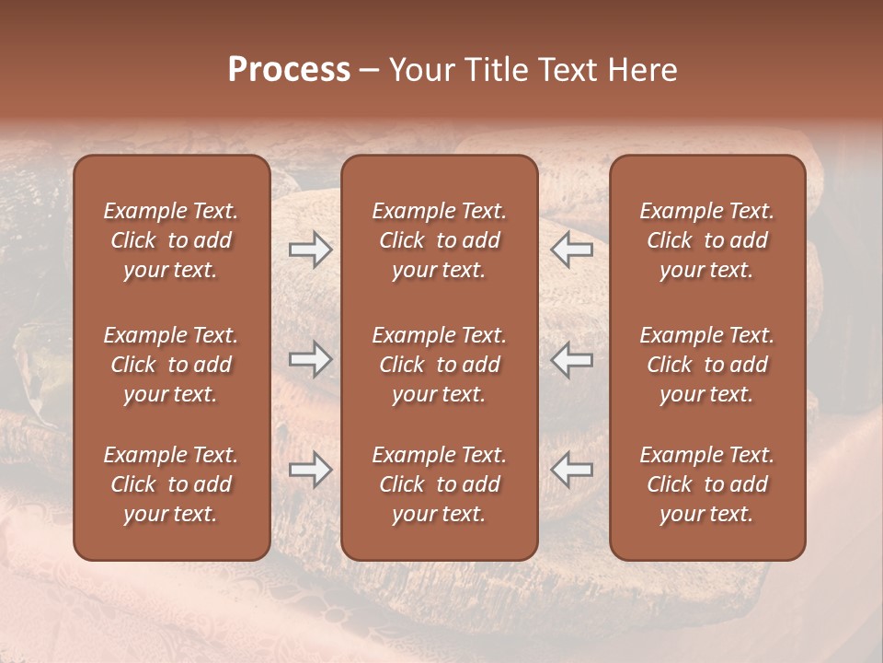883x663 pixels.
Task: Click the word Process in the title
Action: [289, 70]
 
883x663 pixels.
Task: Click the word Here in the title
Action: [643, 70]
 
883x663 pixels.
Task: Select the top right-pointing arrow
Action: [310, 250]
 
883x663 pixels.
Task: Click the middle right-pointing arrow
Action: [310, 359]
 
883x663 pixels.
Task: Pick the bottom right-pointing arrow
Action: [310, 470]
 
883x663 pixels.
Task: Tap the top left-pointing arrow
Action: [572, 250]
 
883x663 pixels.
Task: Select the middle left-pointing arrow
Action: [572, 359]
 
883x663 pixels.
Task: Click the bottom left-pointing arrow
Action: [572, 470]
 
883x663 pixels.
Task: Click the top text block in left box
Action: [171, 240]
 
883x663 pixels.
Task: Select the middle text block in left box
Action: [171, 365]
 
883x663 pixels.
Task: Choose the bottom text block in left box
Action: [171, 484]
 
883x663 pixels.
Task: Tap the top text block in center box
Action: [440, 240]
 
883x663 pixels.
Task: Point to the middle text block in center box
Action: [440, 365]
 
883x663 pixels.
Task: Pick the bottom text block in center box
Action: [440, 484]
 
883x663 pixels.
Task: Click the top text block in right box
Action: [707, 240]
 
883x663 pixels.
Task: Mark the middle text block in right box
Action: [707, 365]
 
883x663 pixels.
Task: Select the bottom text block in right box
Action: [707, 484]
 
